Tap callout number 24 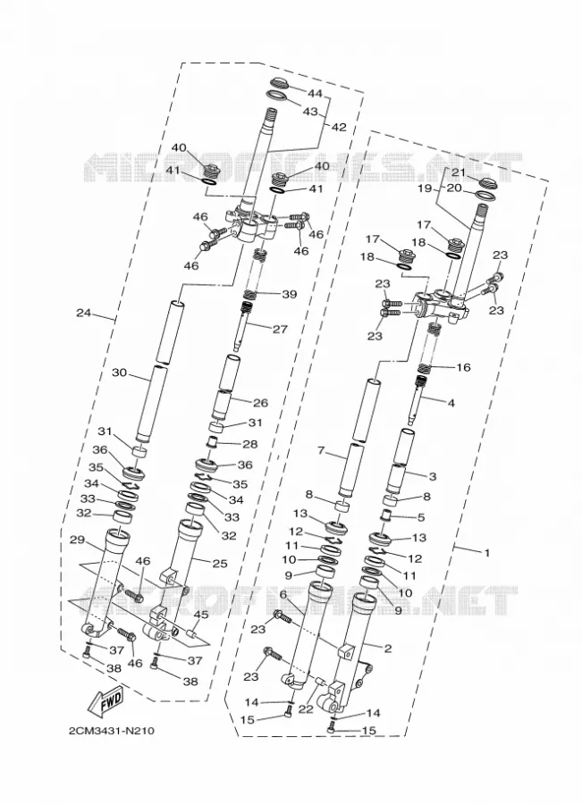pos(84,313)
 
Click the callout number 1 pos(487,553)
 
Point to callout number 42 pos(339,127)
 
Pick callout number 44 pos(315,93)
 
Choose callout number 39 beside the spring pos(290,294)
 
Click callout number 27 pos(280,329)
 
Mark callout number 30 pos(119,373)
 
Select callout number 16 pos(463,367)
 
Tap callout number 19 pos(426,188)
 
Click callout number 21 pos(459,172)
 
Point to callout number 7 pos(321,451)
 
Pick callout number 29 pos(77,540)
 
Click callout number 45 pos(201,615)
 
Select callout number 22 pos(306,708)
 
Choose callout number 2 pos(388,649)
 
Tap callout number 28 pos(250,444)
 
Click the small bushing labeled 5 pos(389,515)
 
